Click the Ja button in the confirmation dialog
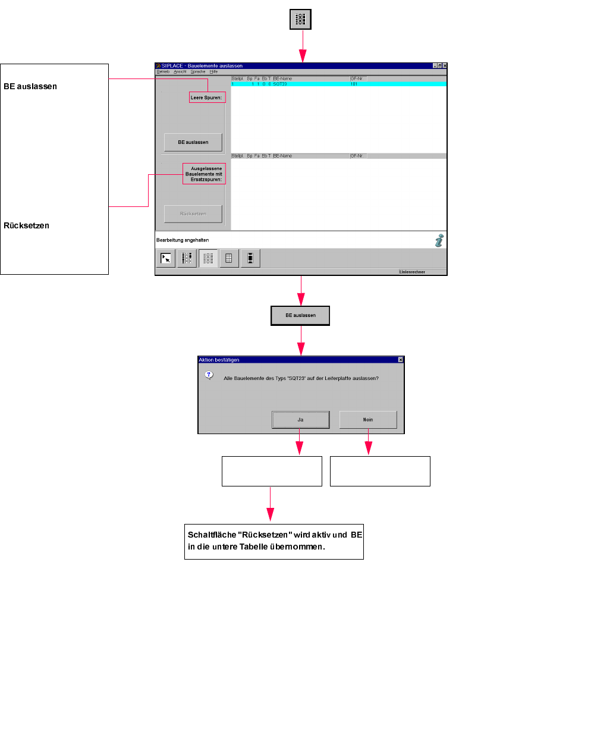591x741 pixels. click(300, 420)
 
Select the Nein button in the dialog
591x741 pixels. click(368, 420)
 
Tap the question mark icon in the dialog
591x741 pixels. click(209, 375)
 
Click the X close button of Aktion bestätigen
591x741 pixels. click(401, 360)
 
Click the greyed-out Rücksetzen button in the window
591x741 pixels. click(193, 213)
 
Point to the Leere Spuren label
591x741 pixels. click(207, 98)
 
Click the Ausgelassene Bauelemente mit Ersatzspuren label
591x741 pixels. click(205, 174)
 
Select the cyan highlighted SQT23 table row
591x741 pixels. click(338, 84)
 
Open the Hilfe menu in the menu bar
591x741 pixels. click(213, 72)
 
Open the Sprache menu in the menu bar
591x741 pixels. click(198, 72)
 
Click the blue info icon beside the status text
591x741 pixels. click(439, 240)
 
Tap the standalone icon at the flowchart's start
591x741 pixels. click(301, 20)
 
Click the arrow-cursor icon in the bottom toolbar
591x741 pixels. click(166, 258)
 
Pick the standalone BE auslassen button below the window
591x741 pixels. click(300, 315)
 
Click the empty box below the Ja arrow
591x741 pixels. click(272, 471)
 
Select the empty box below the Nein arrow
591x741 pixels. click(380, 471)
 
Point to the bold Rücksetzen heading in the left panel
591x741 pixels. click(27, 225)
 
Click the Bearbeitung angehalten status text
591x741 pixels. click(183, 240)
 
